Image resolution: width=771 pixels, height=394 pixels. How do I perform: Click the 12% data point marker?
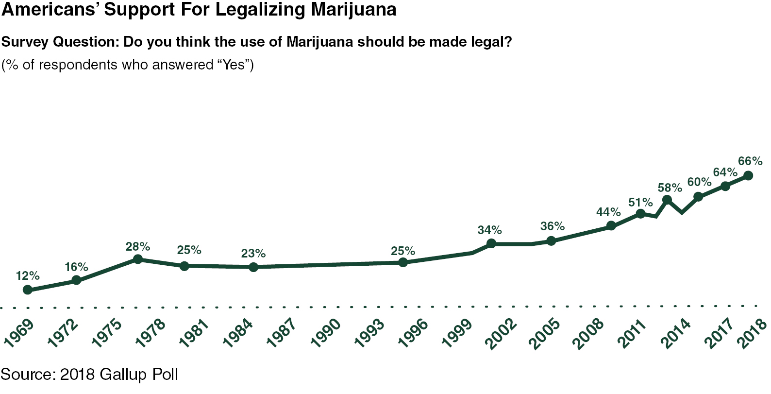pyautogui.click(x=28, y=290)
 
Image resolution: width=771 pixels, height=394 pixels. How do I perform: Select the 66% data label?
pyautogui.click(x=750, y=161)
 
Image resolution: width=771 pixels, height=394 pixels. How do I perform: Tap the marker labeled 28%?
pyautogui.click(x=138, y=259)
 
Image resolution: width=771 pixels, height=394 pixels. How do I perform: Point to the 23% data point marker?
pyautogui.click(x=253, y=267)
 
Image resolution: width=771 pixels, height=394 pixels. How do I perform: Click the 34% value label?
pyautogui.click(x=489, y=230)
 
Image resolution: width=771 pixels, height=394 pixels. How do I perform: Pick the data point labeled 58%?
pyautogui.click(x=667, y=200)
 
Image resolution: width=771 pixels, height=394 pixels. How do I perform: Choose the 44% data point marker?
pyautogui.click(x=611, y=226)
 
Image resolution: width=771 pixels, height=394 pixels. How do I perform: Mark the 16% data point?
pyautogui.click(x=76, y=280)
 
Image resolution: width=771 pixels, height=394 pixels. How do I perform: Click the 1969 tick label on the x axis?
pyautogui.click(x=18, y=333)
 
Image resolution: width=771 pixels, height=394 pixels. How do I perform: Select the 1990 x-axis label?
pyautogui.click(x=325, y=333)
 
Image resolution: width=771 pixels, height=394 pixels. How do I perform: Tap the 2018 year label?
pyautogui.click(x=753, y=333)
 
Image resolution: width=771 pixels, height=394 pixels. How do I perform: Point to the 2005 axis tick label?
pyautogui.click(x=544, y=333)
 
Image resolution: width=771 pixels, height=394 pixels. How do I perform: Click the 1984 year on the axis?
pyautogui.click(x=238, y=333)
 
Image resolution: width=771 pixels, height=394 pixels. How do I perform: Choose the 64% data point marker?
pyautogui.click(x=725, y=186)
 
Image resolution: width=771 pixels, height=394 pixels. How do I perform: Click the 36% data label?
pyautogui.click(x=553, y=226)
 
